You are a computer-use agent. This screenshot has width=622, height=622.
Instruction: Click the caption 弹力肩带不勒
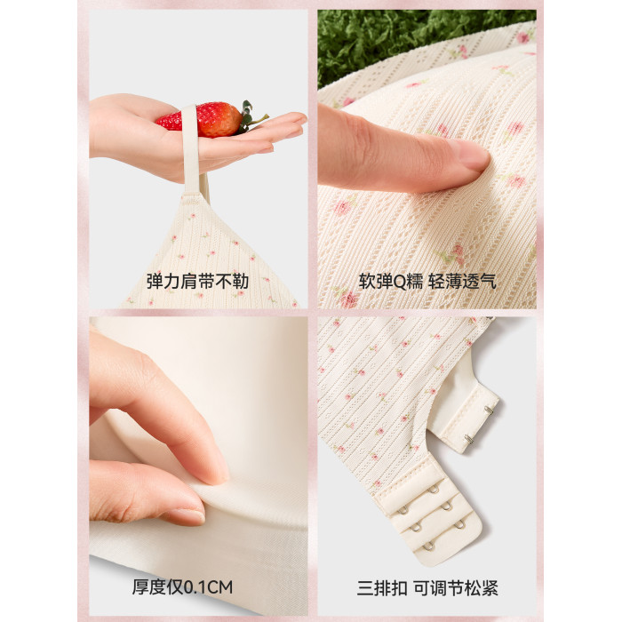point(197,282)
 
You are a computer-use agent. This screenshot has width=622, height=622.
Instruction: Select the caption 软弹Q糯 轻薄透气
point(427,282)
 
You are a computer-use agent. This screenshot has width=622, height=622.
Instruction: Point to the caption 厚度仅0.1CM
point(182,587)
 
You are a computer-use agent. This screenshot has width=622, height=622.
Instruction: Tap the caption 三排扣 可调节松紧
point(427,588)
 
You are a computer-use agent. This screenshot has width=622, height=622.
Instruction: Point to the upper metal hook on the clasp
point(490,411)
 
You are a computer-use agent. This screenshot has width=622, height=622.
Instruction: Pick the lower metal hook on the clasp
point(470,439)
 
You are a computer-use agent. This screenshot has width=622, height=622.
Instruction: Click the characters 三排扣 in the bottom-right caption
point(382,588)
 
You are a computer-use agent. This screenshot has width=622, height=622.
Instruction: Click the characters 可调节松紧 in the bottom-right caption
point(456,588)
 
